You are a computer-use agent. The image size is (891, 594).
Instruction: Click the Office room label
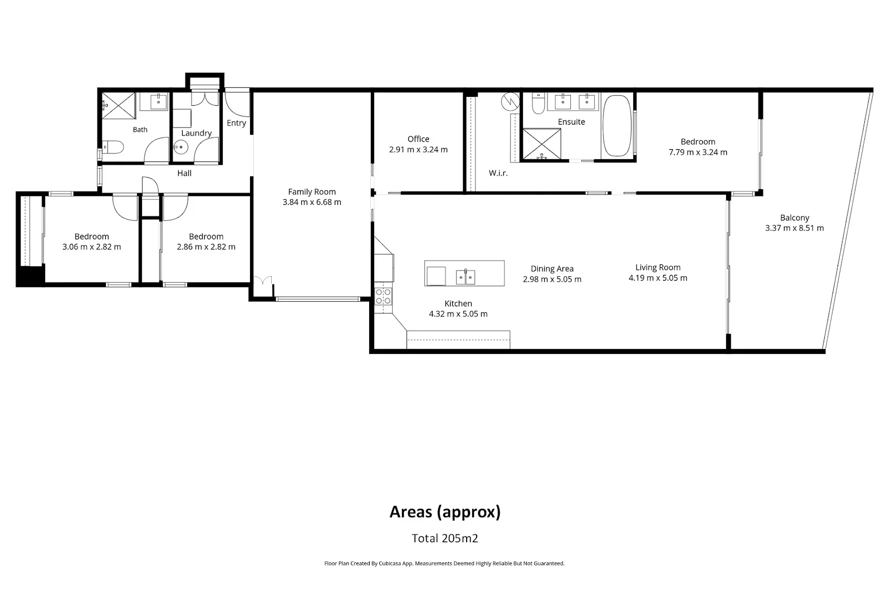pos(418,139)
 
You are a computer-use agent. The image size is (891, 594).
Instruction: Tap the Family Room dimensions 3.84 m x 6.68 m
pos(312,202)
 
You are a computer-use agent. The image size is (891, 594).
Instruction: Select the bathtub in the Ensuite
pos(617,126)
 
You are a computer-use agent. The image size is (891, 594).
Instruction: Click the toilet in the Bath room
pos(114,147)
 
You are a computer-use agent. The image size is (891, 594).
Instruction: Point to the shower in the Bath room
pos(119,106)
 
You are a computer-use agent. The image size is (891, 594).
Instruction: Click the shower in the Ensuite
pos(541,144)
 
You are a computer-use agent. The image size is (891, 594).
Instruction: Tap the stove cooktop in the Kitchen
pos(383,297)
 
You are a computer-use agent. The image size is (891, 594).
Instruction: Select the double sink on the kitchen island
pos(466,277)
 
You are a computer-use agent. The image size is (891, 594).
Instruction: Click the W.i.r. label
pos(498,173)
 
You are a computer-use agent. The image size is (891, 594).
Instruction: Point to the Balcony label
pos(794,218)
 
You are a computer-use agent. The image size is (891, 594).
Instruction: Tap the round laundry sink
pos(180,147)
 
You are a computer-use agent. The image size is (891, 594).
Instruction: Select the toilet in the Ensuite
pos(538,104)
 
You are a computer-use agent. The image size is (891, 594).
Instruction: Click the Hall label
pos(184,173)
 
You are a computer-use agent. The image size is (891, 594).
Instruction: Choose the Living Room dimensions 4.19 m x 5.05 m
pos(658,278)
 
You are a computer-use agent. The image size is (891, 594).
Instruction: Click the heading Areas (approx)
pos(445,512)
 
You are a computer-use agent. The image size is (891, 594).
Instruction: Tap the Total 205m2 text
pos(445,538)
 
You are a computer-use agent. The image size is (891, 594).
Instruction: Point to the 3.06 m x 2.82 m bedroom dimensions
pos(91,247)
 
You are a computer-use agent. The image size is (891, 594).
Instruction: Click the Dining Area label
pos(552,269)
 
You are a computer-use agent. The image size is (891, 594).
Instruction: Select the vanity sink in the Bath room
pos(159,101)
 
